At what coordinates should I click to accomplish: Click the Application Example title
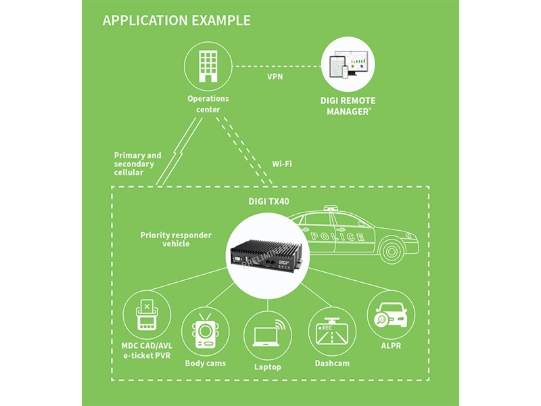177,20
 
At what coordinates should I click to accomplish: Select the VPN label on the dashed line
275,76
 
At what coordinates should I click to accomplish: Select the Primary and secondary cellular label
138,164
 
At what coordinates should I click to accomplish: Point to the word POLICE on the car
338,237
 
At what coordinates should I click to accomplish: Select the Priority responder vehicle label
176,240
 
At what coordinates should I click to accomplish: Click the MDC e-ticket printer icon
147,315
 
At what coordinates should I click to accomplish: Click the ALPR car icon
390,315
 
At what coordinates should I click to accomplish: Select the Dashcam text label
331,363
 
